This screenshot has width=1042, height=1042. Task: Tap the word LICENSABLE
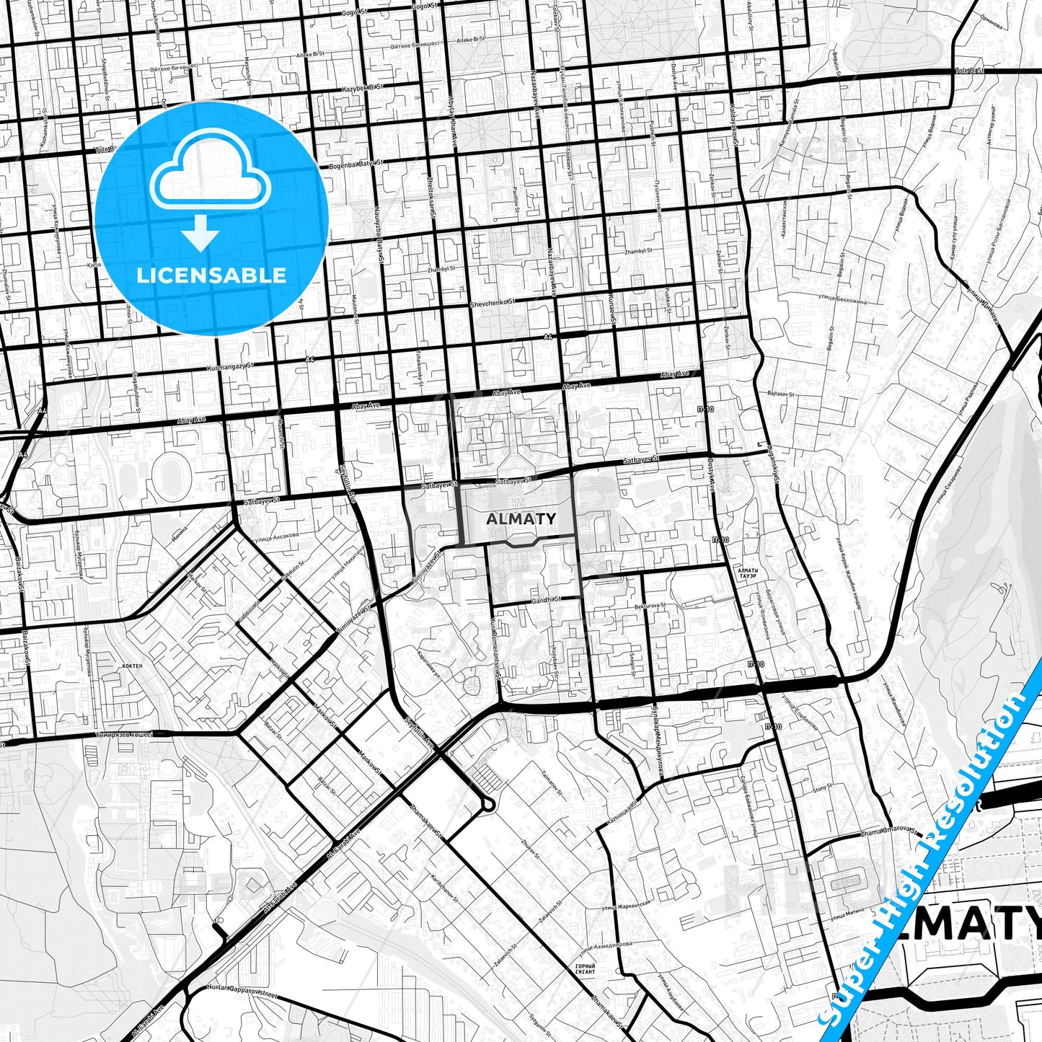[211, 275]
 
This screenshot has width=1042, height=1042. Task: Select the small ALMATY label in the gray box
[521, 518]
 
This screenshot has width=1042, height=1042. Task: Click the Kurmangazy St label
[231, 367]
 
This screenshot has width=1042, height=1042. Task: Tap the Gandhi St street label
[546, 599]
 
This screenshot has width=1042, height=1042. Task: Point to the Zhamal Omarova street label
[888, 833]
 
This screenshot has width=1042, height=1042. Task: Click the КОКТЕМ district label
[133, 667]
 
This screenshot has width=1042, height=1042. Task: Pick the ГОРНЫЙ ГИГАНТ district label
[586, 968]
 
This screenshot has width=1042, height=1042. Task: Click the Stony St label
[823, 789]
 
